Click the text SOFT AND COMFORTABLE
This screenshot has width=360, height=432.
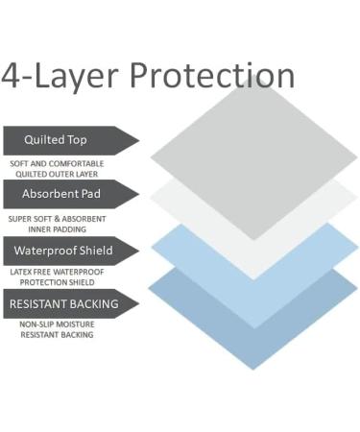57,164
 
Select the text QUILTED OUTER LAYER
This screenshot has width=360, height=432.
57,174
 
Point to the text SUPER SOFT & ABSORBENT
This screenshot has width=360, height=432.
57,219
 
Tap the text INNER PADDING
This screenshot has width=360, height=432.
57,228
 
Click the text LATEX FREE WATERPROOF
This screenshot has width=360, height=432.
57,273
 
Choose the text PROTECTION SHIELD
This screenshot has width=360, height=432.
57,282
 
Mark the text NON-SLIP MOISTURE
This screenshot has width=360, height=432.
57,325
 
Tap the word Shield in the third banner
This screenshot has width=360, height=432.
94,251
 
